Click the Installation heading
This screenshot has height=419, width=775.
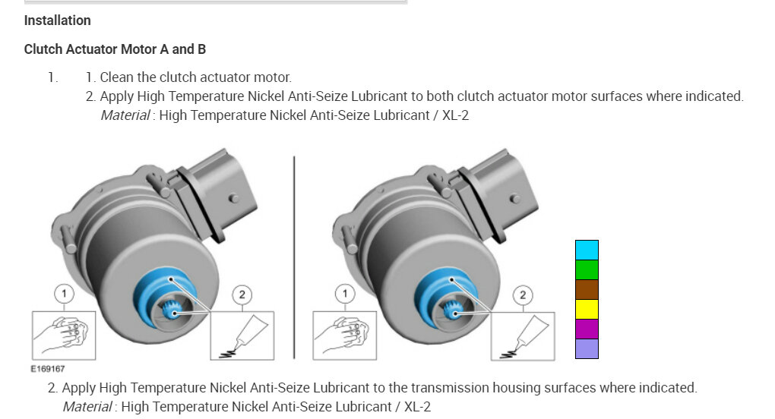57,20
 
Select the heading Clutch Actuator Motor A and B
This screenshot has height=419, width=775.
115,49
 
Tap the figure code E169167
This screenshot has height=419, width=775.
47,369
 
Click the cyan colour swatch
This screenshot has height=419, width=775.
587,250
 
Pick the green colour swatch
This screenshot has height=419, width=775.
587,270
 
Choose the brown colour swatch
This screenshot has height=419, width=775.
587,290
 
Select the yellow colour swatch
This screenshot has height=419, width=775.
587,310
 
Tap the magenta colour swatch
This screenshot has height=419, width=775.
587,329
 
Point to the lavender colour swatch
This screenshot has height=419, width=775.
587,348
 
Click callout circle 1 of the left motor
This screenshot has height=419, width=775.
64,294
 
